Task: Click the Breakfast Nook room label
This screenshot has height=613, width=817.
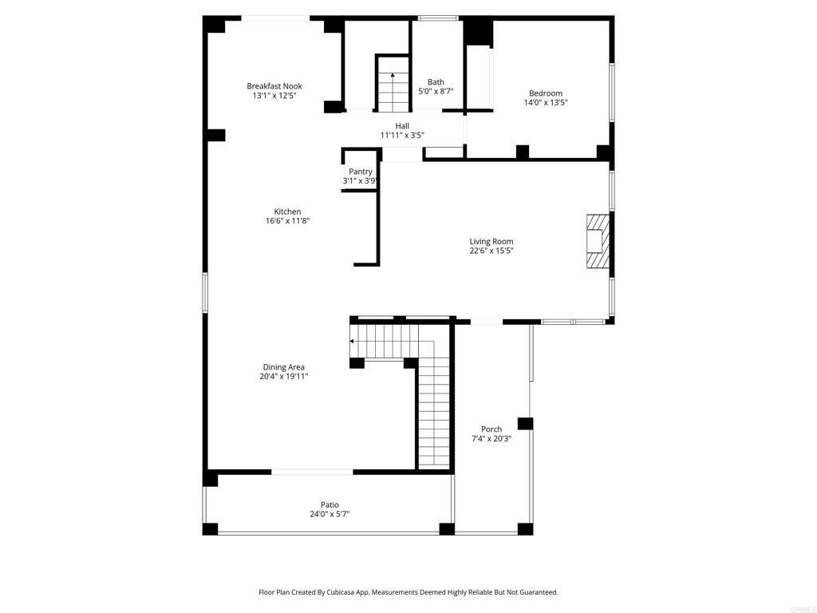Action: point(274,86)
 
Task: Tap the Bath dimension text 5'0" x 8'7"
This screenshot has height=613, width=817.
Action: point(436,91)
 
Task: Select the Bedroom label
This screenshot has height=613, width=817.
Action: point(546,93)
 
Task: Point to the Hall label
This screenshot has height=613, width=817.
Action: point(402,125)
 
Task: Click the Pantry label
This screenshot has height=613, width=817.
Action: point(360,172)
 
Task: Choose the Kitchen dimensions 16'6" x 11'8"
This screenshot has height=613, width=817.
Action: point(287,221)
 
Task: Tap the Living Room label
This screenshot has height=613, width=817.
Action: point(491,241)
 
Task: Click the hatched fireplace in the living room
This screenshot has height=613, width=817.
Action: point(598,241)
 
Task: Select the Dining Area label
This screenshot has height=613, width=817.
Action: point(283,367)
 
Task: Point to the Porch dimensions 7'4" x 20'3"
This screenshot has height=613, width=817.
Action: point(491,439)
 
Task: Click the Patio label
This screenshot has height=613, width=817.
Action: point(330,504)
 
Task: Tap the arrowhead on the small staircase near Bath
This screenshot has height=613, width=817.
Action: point(393,75)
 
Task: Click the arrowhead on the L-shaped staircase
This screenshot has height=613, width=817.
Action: point(352,342)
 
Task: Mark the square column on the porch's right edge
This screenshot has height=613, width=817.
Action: point(525,423)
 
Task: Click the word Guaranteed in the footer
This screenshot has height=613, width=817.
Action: point(539,592)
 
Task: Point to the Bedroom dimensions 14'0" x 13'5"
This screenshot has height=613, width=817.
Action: point(546,103)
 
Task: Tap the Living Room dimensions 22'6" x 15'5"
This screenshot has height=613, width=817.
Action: point(491,251)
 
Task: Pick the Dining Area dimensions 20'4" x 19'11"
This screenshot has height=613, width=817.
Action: point(283,377)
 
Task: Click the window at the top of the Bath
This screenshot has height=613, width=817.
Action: point(438,19)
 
